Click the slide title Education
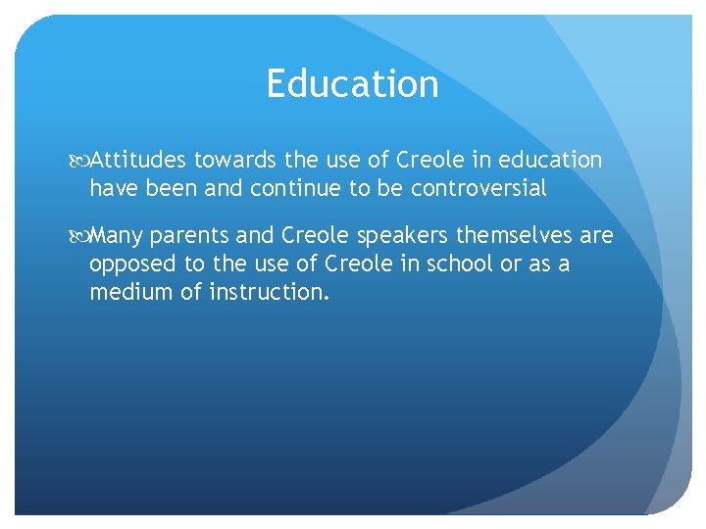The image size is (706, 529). click(x=352, y=84)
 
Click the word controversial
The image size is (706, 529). click(x=479, y=189)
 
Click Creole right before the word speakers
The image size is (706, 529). click(x=315, y=237)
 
